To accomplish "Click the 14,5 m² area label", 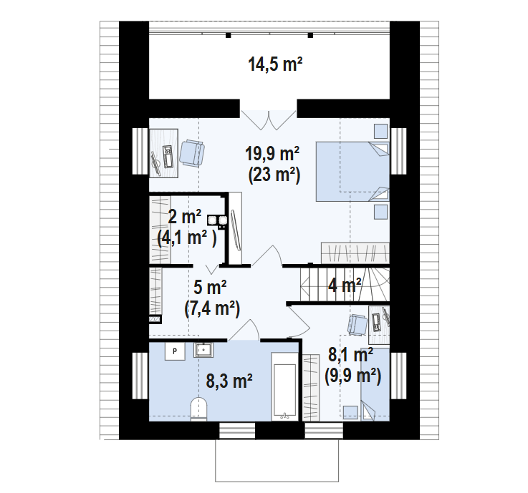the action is tap(275, 64).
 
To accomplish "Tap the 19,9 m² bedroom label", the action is tap(272, 154).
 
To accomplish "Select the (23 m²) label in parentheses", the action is tap(274, 175).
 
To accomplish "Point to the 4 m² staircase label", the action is tap(345, 285).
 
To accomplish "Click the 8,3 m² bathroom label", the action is tap(229, 381).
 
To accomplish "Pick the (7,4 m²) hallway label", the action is tap(212, 308).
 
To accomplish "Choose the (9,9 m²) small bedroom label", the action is tap(353, 376).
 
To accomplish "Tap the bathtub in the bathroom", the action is tap(285, 386).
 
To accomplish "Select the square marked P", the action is tap(175, 351).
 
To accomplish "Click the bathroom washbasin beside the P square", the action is tap(203, 350).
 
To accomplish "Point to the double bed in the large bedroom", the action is tap(352, 172).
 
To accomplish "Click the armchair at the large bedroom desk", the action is tap(192, 153).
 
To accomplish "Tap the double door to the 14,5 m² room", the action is tap(269, 120).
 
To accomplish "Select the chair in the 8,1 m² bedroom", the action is tap(357, 325).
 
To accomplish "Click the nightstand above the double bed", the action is tap(381, 131).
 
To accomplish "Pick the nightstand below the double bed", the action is tap(381, 212).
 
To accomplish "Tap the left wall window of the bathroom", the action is tap(140, 376).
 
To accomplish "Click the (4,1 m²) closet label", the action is tap(187, 238).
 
